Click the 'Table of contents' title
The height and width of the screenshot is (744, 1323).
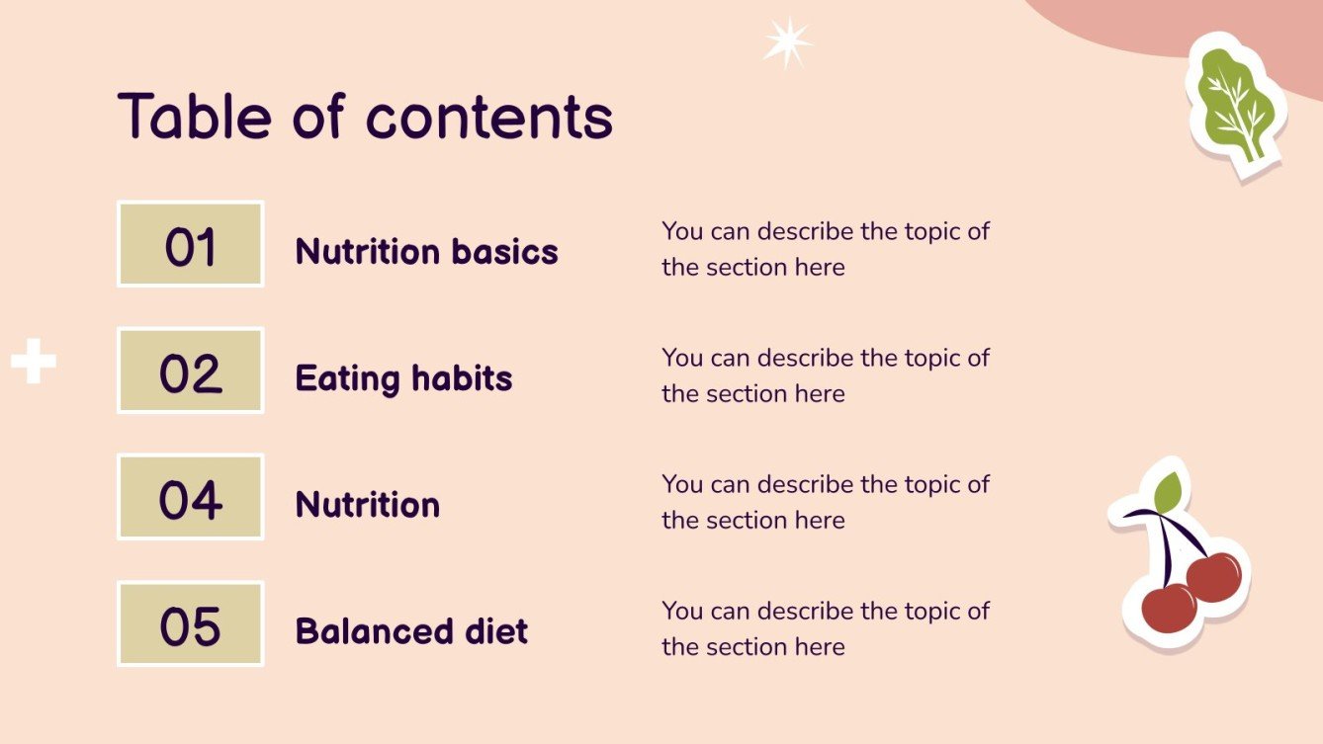pyautogui.click(x=365, y=117)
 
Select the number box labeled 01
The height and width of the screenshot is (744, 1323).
pyautogui.click(x=191, y=245)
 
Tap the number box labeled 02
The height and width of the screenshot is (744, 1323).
pyautogui.click(x=191, y=372)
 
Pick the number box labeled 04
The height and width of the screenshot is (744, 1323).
pyautogui.click(x=191, y=498)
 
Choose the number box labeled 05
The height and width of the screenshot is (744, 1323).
pyautogui.click(x=191, y=624)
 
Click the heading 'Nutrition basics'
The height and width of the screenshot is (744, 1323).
pyautogui.click(x=426, y=252)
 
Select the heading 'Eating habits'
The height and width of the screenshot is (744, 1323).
pyautogui.click(x=403, y=378)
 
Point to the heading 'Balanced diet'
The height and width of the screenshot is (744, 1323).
pyautogui.click(x=411, y=631)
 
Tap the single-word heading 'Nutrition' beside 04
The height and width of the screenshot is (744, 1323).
pyautogui.click(x=367, y=505)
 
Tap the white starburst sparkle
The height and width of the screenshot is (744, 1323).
pyautogui.click(x=787, y=43)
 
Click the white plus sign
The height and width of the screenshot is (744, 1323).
pyautogui.click(x=34, y=363)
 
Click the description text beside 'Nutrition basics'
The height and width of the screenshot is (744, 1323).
pyautogui.click(x=825, y=249)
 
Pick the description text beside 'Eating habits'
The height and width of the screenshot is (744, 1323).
pyautogui.click(x=825, y=375)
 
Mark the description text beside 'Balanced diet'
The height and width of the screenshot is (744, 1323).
pyautogui.click(x=825, y=628)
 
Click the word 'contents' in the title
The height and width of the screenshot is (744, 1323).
pyautogui.click(x=489, y=119)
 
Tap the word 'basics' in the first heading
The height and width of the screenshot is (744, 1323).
pyautogui.click(x=505, y=252)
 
